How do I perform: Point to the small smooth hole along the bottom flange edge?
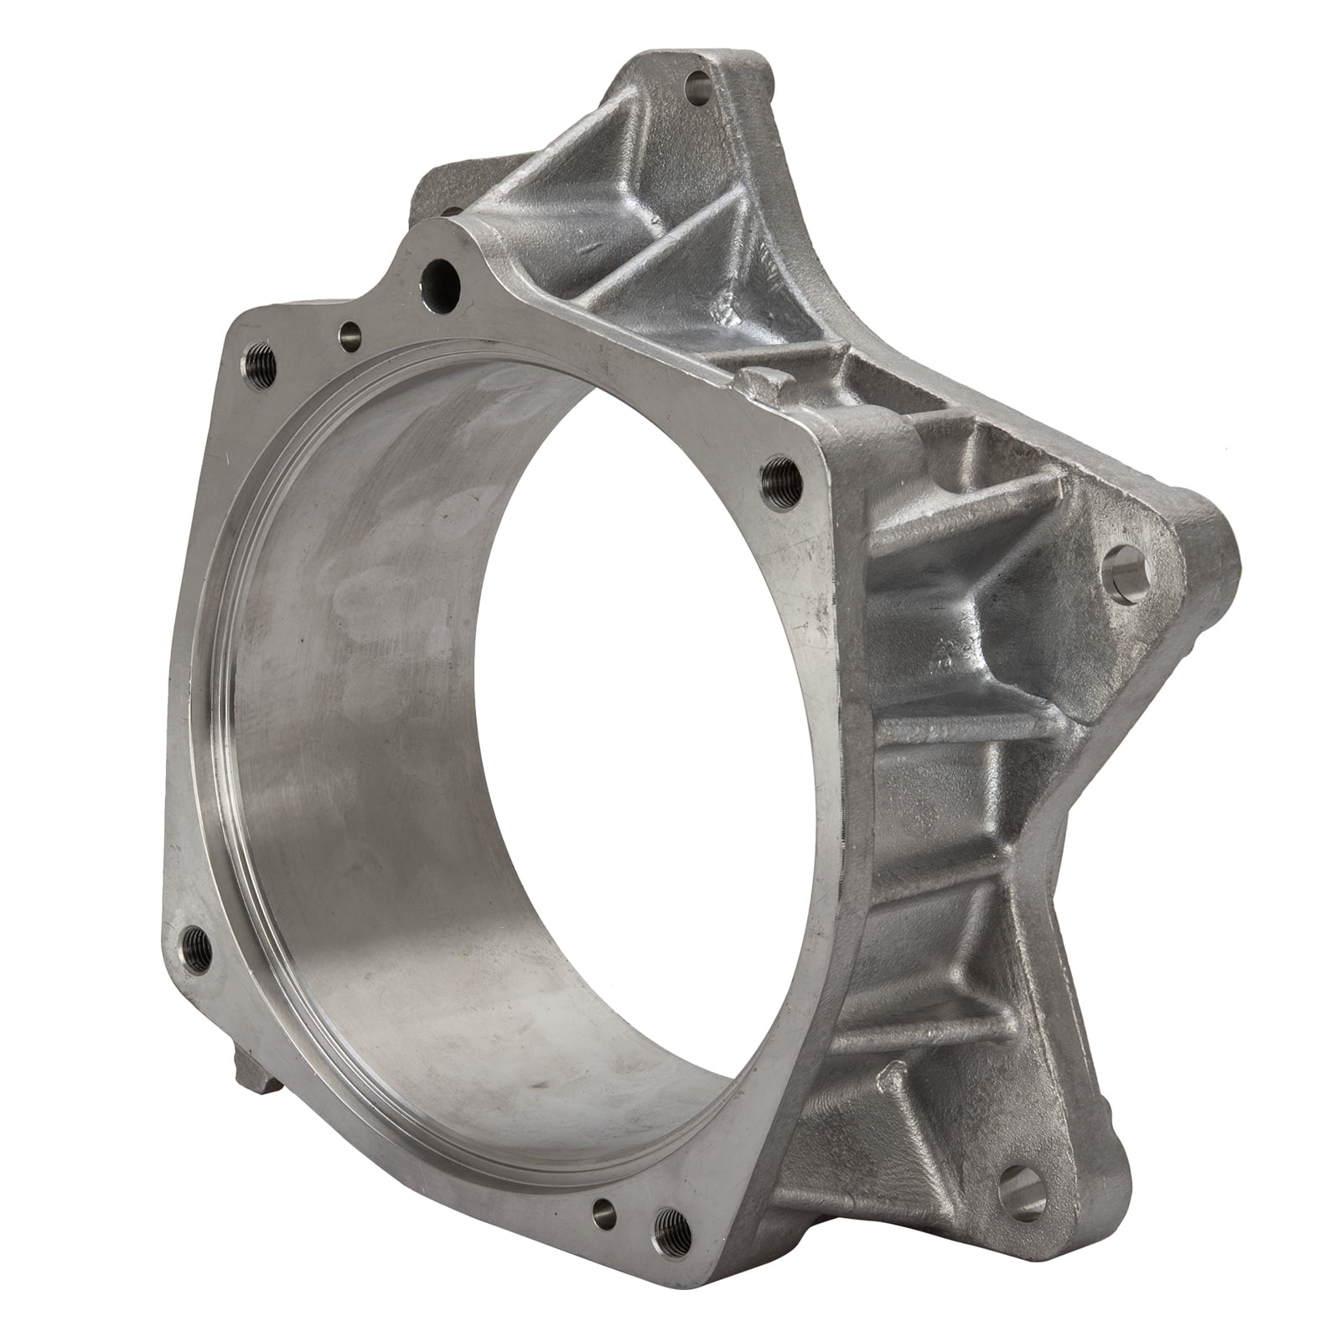pyautogui.click(x=600, y=1210)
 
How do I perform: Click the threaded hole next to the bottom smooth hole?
pyautogui.click(x=668, y=1223)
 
